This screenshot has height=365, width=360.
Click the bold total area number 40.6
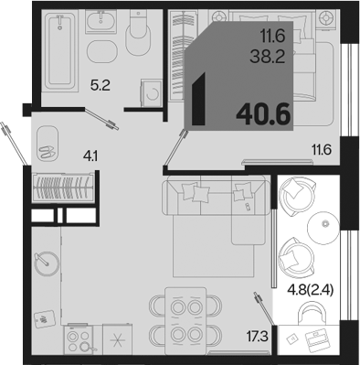tap(263, 113)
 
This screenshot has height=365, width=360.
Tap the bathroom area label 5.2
tap(101, 86)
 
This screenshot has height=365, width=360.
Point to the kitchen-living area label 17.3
tap(258, 337)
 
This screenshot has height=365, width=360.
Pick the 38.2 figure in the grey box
tap(268, 57)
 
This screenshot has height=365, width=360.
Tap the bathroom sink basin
tap(101, 21)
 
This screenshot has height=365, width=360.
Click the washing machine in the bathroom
tap(151, 93)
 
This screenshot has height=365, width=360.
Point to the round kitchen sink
tap(47, 263)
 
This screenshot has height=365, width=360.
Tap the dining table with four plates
tap(185, 321)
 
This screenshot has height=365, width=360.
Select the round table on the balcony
tap(323, 228)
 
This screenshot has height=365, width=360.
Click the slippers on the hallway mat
tap(47, 151)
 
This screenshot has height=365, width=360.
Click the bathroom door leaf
tap(101, 119)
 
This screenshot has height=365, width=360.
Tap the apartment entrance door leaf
tap(14, 144)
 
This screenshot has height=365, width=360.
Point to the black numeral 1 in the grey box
tap(199, 100)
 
